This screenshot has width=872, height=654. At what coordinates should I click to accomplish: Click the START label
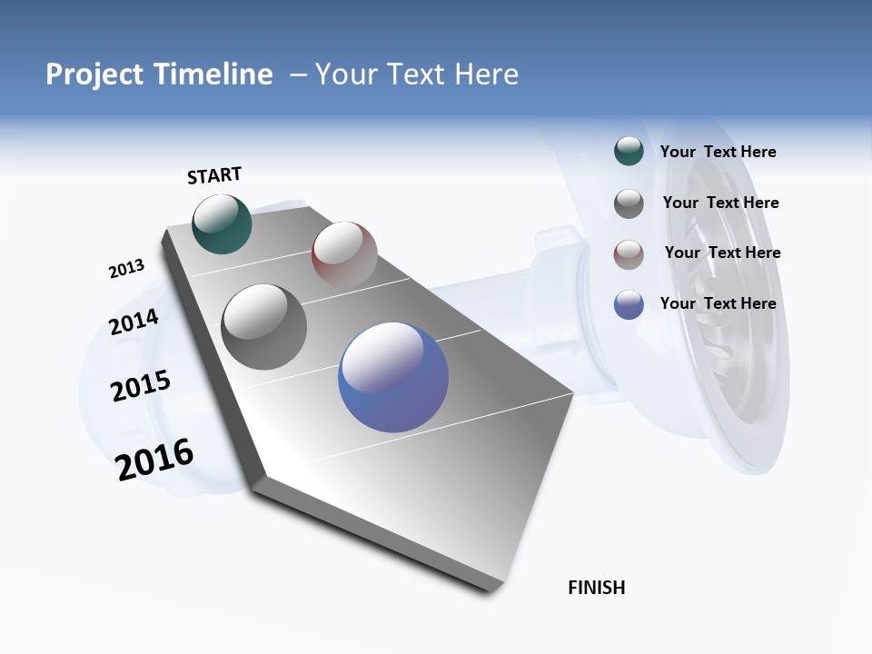coord(214,175)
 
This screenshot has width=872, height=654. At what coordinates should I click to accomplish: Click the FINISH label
coord(596,588)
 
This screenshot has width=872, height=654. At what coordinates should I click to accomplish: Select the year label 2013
coord(126,269)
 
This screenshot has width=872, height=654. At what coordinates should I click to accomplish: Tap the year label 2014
coord(134,322)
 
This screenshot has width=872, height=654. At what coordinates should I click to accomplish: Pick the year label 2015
coord(140,386)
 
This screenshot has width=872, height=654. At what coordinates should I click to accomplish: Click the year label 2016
coord(154,460)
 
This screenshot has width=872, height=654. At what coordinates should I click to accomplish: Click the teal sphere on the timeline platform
coord(222,223)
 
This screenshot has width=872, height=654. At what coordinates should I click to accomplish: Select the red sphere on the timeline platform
coord(344,253)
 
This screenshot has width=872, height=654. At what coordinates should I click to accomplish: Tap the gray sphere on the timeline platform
coord(263,326)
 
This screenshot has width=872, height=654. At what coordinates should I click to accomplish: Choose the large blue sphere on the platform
coord(393,377)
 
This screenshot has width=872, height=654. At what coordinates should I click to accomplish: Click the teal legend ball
coord(629,152)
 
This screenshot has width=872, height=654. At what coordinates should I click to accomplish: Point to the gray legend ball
coord(629,203)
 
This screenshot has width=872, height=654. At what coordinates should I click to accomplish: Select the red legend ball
coord(629,254)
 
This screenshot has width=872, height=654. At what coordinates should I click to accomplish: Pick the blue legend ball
coord(629,304)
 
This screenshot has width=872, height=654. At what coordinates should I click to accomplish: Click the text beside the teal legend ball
coord(718,153)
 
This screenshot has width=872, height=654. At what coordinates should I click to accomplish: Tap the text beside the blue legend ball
coord(718,303)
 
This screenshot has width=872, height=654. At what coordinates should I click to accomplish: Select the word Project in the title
coord(94,74)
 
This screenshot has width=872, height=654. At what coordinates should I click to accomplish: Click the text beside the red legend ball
coord(722,253)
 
